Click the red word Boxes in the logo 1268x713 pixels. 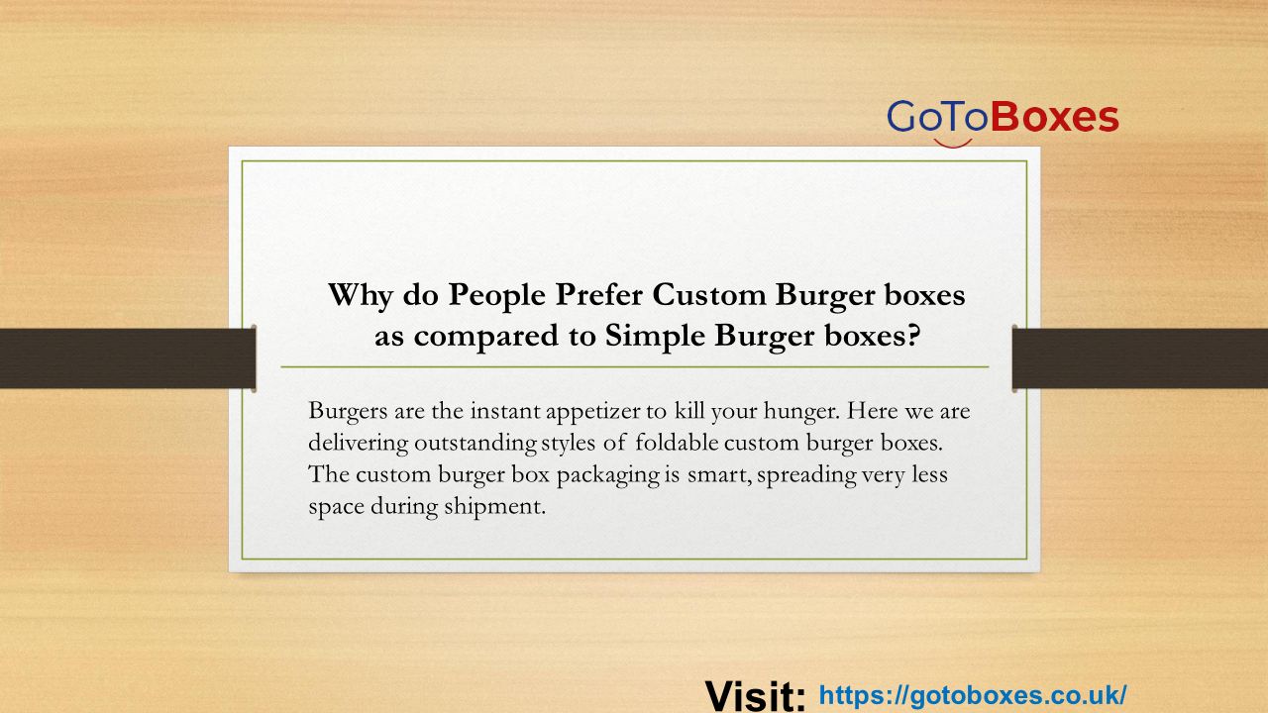(1055, 117)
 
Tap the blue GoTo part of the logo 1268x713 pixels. (938, 117)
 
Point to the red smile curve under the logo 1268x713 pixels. (953, 144)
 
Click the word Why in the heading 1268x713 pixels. (360, 296)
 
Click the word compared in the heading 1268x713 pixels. (486, 337)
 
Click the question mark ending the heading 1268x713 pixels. (913, 335)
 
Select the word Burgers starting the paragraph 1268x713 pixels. (348, 411)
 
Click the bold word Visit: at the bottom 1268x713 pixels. (755, 695)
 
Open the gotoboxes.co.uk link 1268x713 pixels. (973, 695)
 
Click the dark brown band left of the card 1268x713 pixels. (128, 358)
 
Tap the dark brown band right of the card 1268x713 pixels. (1140, 358)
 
